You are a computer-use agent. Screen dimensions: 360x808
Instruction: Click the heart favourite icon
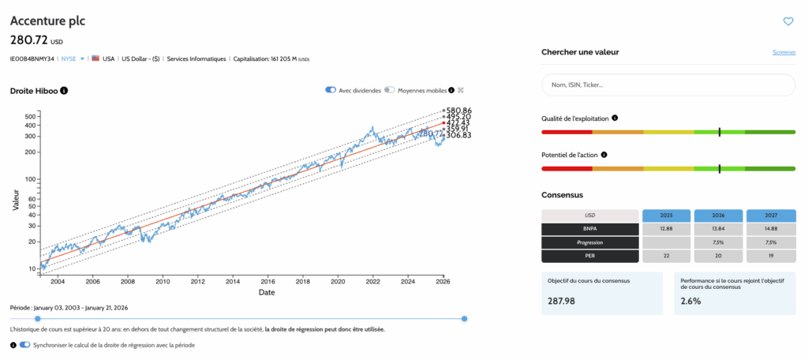coord(787,21)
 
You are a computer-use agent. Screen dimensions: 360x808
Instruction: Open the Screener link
coord(784,53)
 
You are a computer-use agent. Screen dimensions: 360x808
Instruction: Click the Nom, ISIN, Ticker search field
coord(668,84)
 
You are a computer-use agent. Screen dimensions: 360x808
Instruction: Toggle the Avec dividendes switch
coord(331,90)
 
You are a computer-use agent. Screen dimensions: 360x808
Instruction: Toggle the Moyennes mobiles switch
coord(390,90)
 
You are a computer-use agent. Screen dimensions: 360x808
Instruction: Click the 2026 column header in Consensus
coord(718,215)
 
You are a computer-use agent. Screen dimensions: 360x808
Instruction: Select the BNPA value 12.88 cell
coord(667,229)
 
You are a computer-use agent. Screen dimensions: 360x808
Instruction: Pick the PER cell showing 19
coord(769,256)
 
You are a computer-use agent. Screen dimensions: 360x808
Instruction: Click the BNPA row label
coord(589,229)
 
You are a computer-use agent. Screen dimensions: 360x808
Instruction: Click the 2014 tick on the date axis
coord(232,281)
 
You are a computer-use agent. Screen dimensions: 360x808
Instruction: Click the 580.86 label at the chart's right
coord(458,111)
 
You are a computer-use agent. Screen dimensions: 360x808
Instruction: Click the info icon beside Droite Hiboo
coord(65,91)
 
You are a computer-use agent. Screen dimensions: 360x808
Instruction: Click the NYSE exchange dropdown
coord(73,58)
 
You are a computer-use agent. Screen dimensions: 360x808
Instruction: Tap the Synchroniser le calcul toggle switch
coord(25,345)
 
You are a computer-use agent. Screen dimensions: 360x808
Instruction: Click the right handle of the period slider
coord(464,318)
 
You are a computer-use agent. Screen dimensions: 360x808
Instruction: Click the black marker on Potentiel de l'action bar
coord(720,168)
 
